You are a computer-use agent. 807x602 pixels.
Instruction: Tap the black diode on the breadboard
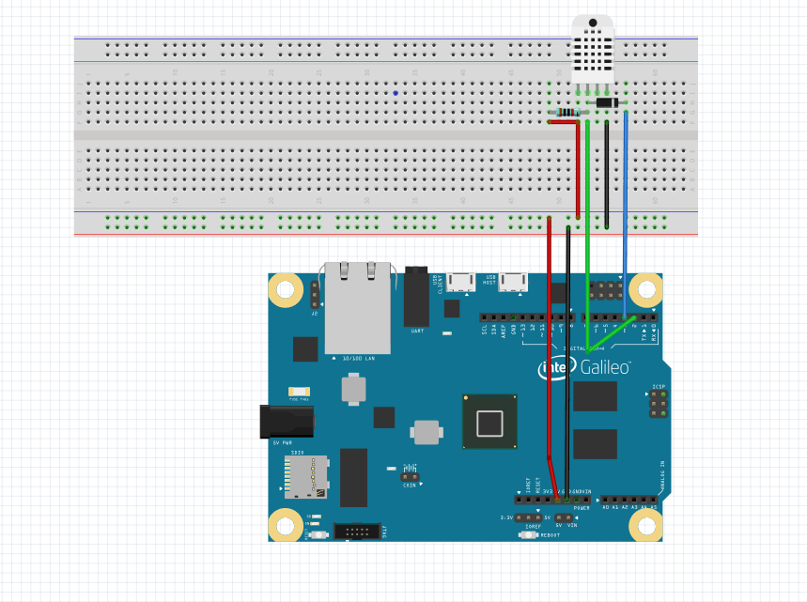[606, 101]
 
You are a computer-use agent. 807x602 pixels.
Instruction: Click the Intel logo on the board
[555, 368]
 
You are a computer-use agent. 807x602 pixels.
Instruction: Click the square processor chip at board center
[489, 423]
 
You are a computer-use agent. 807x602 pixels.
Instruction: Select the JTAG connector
[359, 533]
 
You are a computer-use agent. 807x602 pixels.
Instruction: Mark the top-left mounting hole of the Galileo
[285, 291]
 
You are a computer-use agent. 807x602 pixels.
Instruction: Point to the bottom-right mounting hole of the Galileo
[645, 524]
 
